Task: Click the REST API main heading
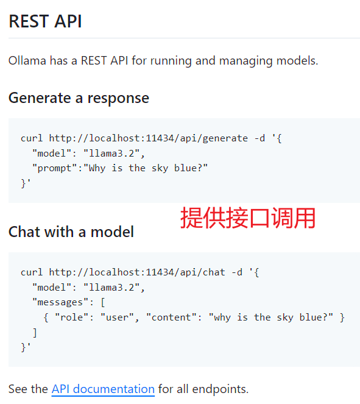coord(45,21)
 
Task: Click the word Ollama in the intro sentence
coord(27,61)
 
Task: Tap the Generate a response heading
coord(79,98)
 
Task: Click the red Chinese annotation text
coord(248,218)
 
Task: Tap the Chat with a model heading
coord(71,232)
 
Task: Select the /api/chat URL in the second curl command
coord(137,272)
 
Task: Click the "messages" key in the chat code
coord(60,302)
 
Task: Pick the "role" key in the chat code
coord(72,317)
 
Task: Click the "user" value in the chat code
coord(117,317)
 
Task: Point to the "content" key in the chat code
coord(171,317)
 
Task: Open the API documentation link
coord(103,389)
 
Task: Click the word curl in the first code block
coord(32,138)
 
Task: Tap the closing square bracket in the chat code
coord(35,333)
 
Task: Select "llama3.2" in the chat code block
coord(111,287)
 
